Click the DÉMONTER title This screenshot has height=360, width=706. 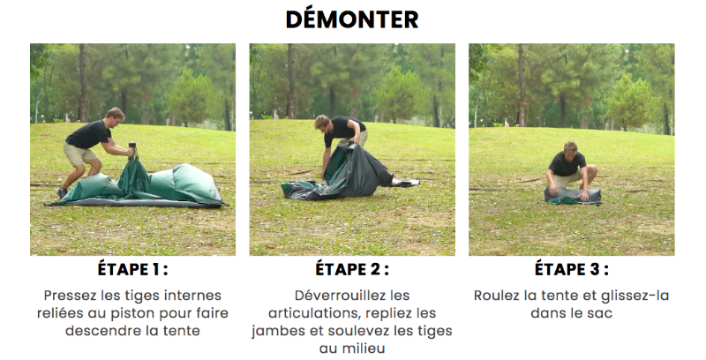tap(352, 19)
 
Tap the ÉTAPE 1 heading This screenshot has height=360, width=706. tap(133, 269)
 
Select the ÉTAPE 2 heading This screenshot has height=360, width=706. tap(352, 269)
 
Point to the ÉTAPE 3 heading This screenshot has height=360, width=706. tap(571, 269)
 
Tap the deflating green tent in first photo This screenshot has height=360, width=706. tap(168, 184)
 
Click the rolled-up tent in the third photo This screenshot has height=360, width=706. tap(571, 196)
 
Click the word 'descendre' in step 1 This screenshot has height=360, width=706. tap(101, 331)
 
